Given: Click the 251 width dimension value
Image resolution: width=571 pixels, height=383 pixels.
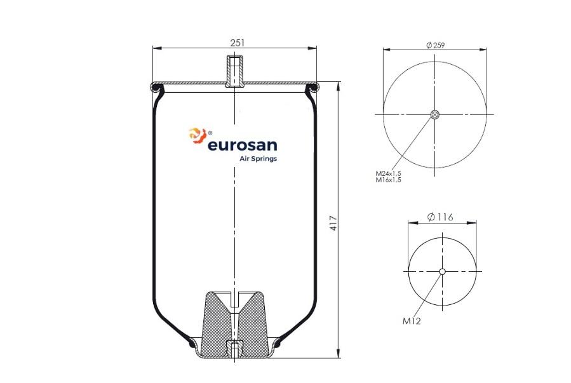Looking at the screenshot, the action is click(238, 43).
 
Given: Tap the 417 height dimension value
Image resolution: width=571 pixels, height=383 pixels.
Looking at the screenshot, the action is click(333, 223).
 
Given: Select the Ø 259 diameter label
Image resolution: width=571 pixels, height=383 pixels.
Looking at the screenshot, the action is click(436, 45).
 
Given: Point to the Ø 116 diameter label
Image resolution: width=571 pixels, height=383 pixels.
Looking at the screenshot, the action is click(440, 217).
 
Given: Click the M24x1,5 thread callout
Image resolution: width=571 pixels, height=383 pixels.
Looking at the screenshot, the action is click(388, 173).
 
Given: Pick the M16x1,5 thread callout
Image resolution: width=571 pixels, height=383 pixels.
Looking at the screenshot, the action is click(388, 180).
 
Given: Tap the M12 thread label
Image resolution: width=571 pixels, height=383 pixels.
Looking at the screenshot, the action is click(412, 321).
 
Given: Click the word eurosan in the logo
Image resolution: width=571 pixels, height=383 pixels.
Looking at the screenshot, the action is click(242, 145).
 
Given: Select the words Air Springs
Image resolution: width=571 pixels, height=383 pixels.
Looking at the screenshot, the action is click(258, 159).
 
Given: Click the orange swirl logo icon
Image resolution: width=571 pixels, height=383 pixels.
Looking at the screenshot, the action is click(198, 135).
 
